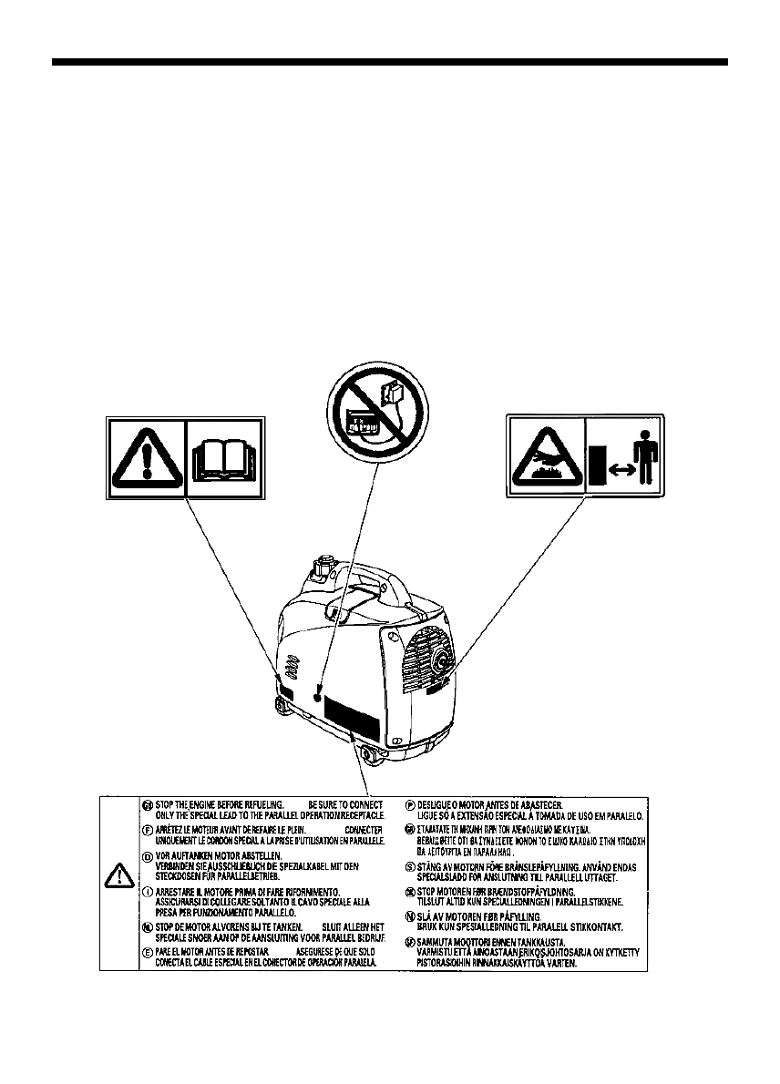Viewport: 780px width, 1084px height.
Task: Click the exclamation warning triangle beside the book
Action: (x=146, y=458)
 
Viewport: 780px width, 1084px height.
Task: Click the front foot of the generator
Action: (x=373, y=754)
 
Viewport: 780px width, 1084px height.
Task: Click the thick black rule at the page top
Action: (x=390, y=63)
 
